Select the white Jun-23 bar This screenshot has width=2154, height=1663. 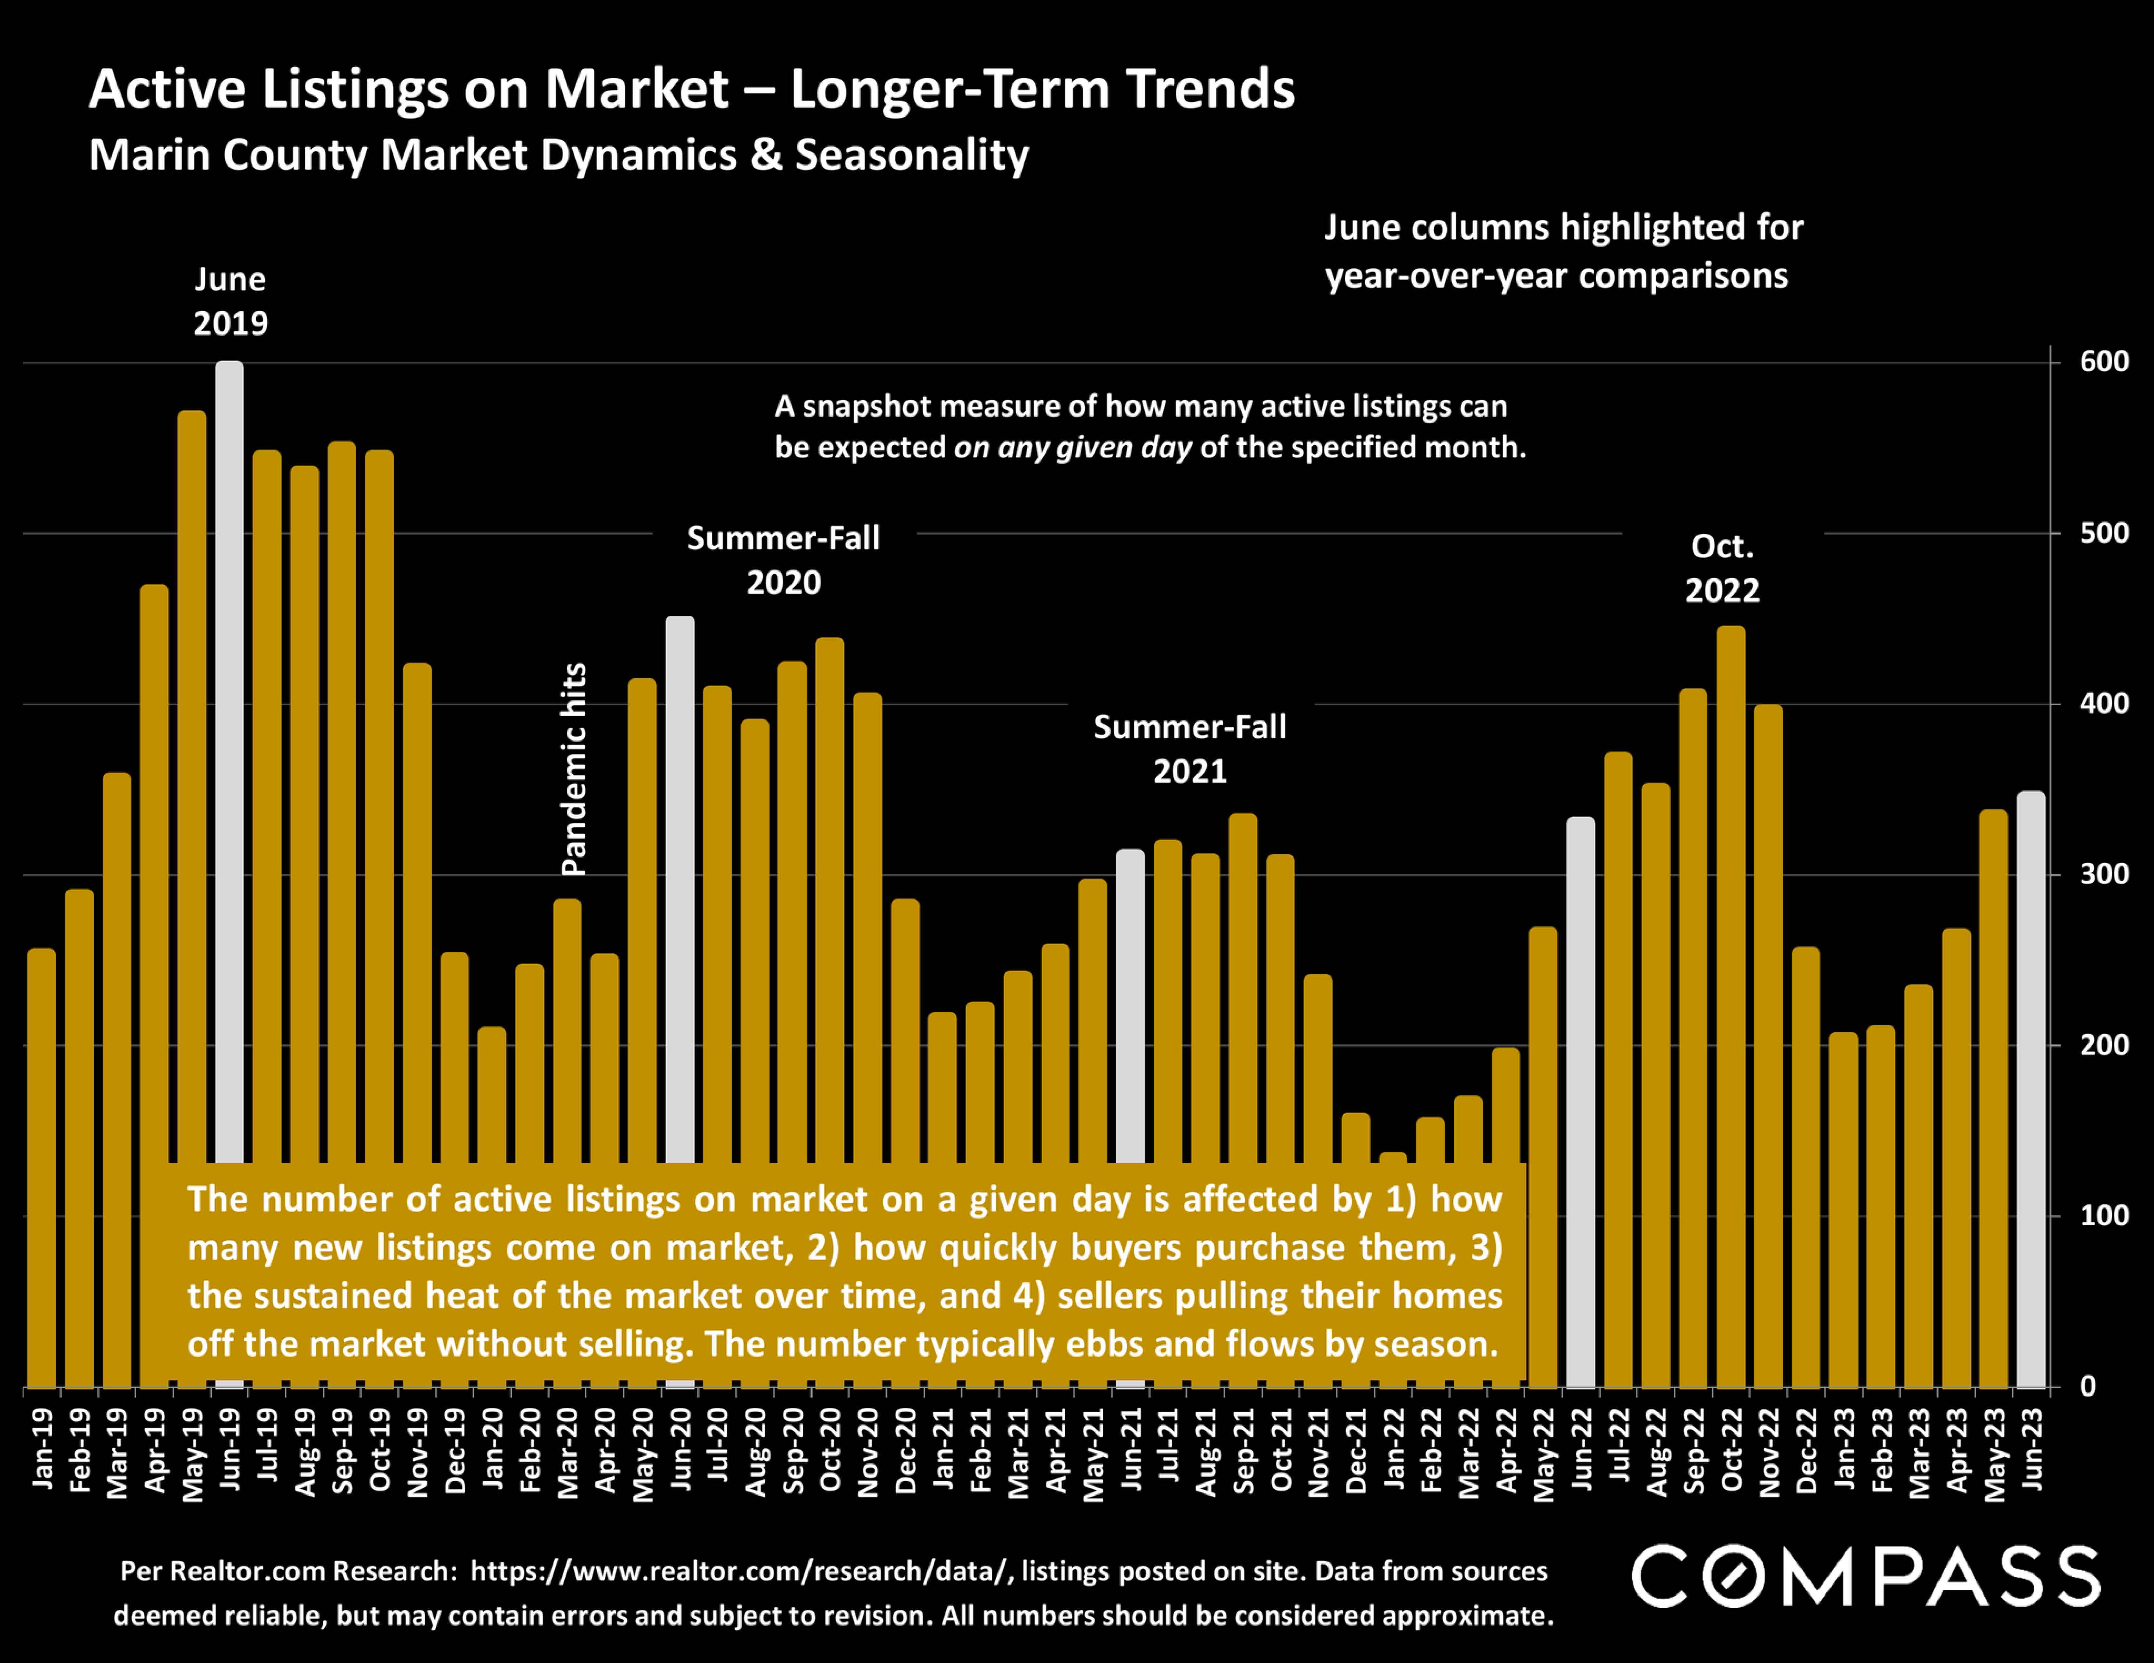2031,1085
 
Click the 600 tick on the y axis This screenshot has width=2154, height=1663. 2104,362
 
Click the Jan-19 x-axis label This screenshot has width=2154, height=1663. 42,1448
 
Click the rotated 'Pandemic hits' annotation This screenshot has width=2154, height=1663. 574,769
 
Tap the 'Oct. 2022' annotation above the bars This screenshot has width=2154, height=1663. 1722,568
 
